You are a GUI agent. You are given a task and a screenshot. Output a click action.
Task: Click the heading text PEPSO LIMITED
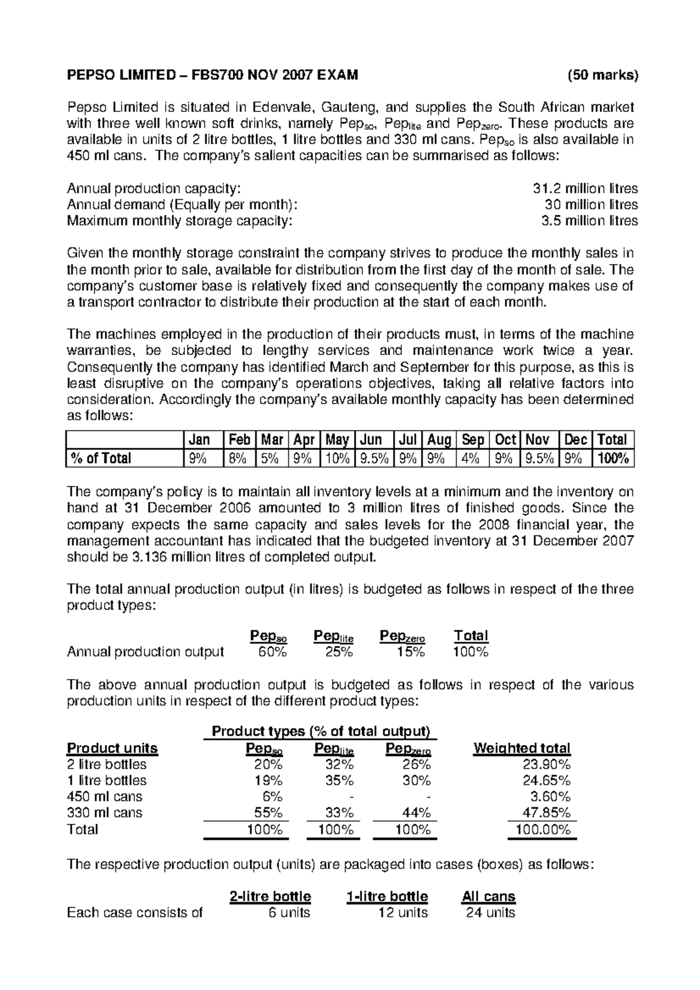click(x=120, y=75)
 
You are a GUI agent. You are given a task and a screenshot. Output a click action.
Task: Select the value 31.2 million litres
click(x=585, y=188)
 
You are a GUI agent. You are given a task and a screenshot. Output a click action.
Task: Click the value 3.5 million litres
click(x=589, y=221)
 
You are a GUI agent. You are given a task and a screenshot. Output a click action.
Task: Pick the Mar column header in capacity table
click(x=271, y=440)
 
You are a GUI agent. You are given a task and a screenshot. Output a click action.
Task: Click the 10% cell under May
click(x=337, y=458)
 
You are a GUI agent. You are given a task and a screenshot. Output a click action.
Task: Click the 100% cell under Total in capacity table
click(x=613, y=458)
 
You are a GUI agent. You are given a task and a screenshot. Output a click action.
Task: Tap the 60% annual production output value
click(x=272, y=652)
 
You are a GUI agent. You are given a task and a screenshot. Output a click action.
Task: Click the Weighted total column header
click(x=521, y=748)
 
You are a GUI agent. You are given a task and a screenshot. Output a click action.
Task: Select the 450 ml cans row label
click(x=104, y=796)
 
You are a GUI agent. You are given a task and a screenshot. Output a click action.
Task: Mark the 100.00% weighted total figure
click(x=542, y=830)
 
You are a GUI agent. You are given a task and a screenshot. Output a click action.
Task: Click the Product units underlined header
click(x=112, y=748)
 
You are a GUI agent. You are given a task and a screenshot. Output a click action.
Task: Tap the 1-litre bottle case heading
click(x=387, y=896)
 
